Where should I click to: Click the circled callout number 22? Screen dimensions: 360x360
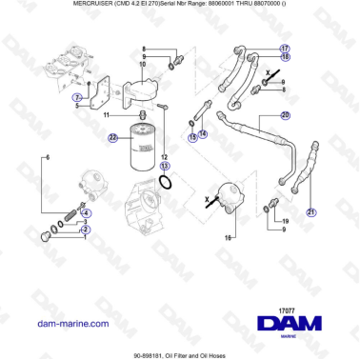(112, 137)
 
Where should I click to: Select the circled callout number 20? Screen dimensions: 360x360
(284, 115)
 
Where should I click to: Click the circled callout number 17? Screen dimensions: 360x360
(285, 47)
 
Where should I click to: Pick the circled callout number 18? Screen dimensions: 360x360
(285, 57)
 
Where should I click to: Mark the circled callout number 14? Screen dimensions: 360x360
(202, 135)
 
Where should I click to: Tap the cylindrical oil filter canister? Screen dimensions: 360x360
(139, 148)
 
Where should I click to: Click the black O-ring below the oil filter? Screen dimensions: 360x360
(164, 181)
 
